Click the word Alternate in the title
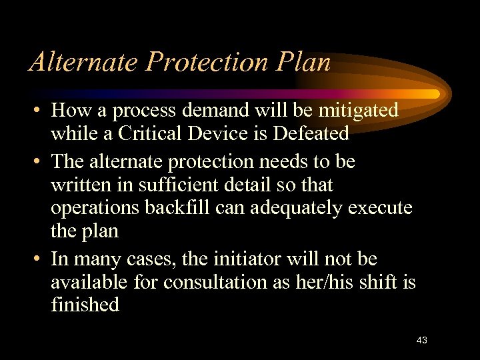click(x=83, y=62)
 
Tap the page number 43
click(x=421, y=340)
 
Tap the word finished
click(x=85, y=305)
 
